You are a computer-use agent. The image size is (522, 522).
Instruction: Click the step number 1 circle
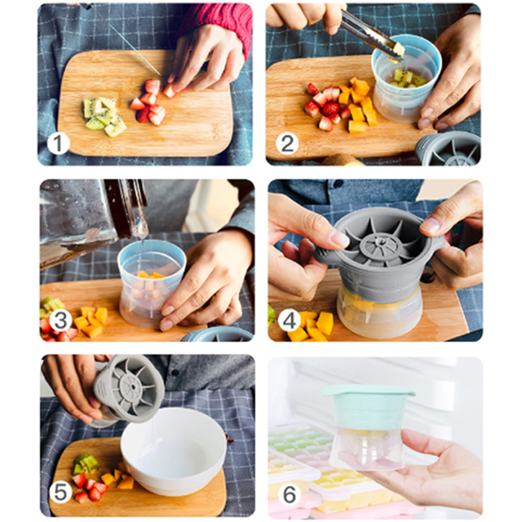tap(58, 144)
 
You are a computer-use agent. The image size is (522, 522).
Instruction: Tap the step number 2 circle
tap(287, 144)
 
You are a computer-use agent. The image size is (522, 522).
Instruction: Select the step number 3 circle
tap(61, 320)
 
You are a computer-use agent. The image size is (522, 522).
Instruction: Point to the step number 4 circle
tap(289, 320)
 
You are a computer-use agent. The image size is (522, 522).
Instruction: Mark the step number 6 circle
tap(289, 494)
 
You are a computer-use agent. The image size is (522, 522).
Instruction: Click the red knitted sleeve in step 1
tap(220, 23)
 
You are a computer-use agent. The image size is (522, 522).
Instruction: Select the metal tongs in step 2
tap(369, 33)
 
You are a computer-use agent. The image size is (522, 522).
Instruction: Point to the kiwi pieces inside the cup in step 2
tap(405, 79)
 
